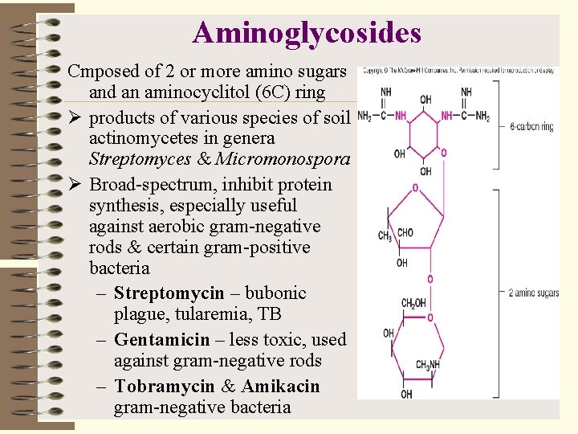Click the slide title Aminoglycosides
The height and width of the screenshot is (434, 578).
coord(307,32)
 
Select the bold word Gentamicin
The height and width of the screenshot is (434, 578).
coord(162,340)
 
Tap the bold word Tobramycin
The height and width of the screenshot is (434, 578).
coord(164,387)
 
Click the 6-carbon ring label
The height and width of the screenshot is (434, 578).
coord(531,127)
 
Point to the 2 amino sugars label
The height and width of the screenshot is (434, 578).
coord(534,292)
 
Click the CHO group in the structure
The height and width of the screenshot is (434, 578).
coord(405,233)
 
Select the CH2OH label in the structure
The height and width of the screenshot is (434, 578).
coord(413,303)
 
